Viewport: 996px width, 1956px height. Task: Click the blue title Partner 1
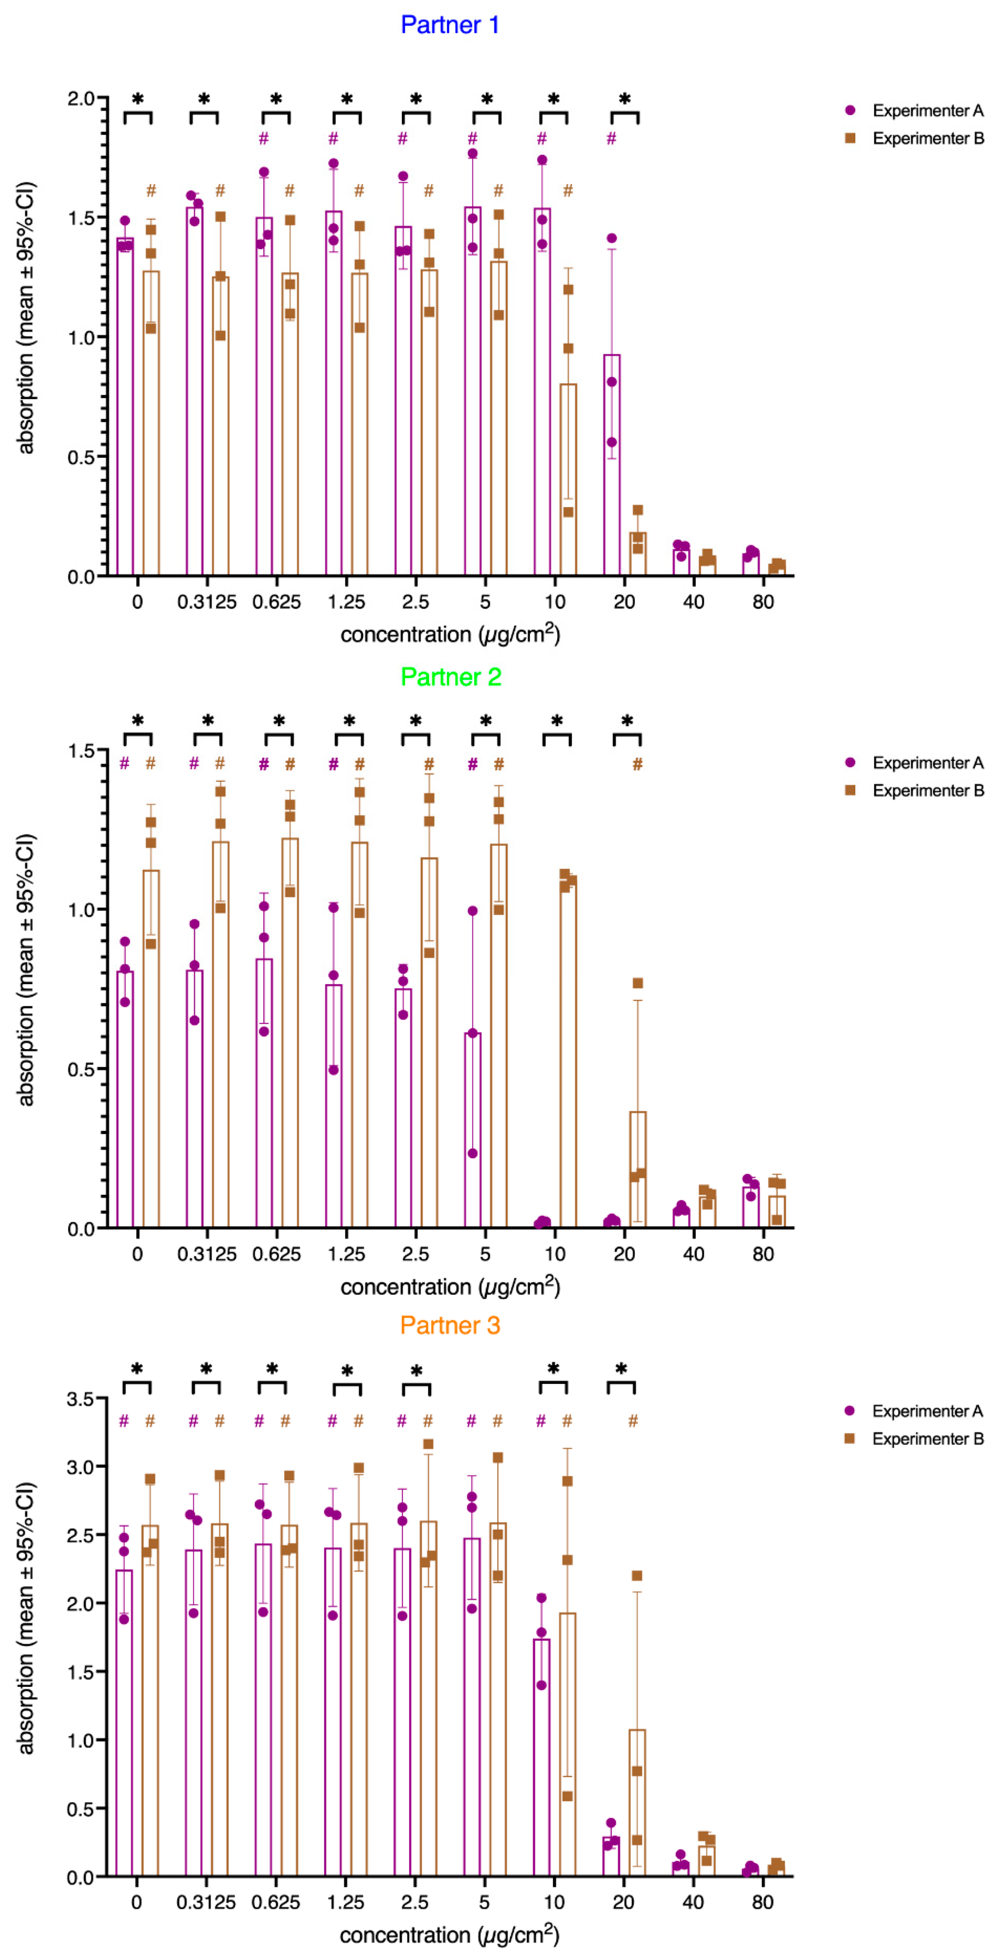pyautogui.click(x=450, y=25)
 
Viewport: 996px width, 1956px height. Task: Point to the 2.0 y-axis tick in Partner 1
pyautogui.click(x=82, y=99)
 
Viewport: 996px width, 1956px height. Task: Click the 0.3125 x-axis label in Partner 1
pyautogui.click(x=207, y=602)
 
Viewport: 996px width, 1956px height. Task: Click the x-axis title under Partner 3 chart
pyautogui.click(x=450, y=1935)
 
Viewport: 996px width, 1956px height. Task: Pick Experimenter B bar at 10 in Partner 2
pyautogui.click(x=568, y=1055)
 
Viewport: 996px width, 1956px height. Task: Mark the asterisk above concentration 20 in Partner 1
pyautogui.click(x=625, y=100)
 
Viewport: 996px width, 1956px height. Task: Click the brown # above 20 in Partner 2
pyautogui.click(x=638, y=765)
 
